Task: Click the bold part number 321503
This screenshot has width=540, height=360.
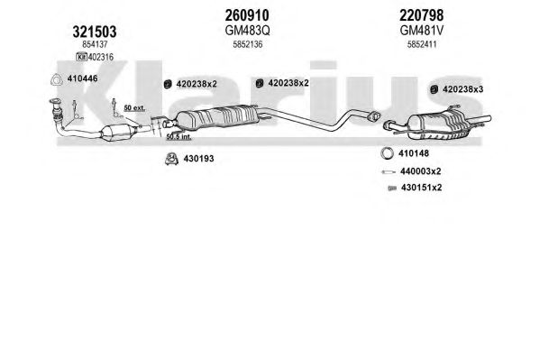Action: tap(95, 32)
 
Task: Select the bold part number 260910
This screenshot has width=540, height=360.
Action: tap(247, 15)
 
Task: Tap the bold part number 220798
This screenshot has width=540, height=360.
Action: tap(422, 15)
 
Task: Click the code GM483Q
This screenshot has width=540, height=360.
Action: tap(247, 31)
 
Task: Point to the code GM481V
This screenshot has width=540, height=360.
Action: tap(422, 31)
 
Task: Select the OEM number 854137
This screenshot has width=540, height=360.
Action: tap(95, 44)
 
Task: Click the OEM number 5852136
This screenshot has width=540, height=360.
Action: tap(248, 44)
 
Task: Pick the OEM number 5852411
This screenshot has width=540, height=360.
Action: tap(422, 44)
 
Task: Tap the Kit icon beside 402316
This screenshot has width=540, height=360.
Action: tap(82, 57)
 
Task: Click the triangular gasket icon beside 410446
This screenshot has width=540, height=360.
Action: tap(56, 79)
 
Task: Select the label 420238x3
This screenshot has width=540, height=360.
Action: tap(462, 89)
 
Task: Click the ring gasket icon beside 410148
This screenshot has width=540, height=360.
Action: tap(388, 153)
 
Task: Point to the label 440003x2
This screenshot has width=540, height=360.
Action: tap(420, 171)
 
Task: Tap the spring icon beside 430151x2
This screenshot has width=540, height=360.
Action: tap(392, 189)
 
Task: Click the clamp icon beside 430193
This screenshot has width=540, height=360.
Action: tap(170, 158)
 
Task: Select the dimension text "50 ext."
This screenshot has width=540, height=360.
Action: tap(134, 108)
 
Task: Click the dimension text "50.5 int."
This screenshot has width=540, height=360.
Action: tap(178, 137)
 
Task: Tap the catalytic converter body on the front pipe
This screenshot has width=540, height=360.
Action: tap(117, 133)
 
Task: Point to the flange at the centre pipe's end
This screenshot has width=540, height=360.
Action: tap(373, 116)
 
